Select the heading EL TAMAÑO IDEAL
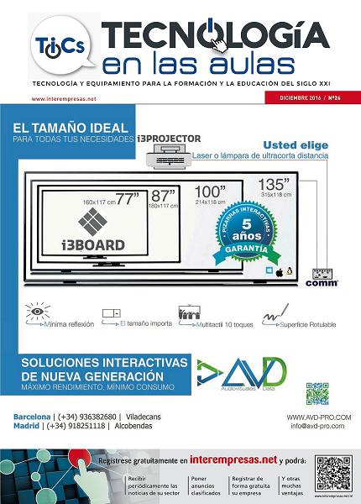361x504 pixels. [x=71, y=129]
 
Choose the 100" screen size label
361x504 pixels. [x=211, y=191]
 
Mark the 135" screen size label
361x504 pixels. [x=297, y=184]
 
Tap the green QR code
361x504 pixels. [x=317, y=392]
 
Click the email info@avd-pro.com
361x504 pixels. [x=320, y=427]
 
